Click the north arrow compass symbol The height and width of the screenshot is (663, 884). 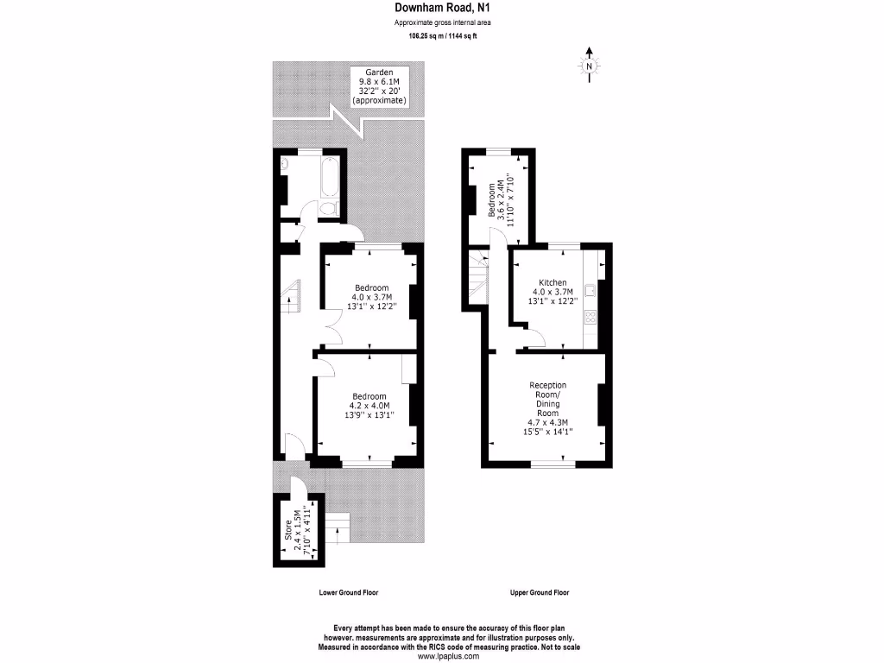point(589,66)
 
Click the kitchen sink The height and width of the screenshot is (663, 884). point(589,289)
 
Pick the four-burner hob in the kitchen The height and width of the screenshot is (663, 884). point(591,317)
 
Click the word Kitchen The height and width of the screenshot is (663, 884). point(552,282)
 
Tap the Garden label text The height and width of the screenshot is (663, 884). point(379,73)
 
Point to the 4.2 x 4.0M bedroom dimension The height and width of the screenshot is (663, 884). point(370,405)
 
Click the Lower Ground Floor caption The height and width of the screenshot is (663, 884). point(349,593)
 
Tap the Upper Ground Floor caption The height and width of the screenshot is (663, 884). point(540,593)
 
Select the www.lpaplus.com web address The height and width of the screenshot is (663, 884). point(444,656)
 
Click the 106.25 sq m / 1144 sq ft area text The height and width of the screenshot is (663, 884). point(444,36)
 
